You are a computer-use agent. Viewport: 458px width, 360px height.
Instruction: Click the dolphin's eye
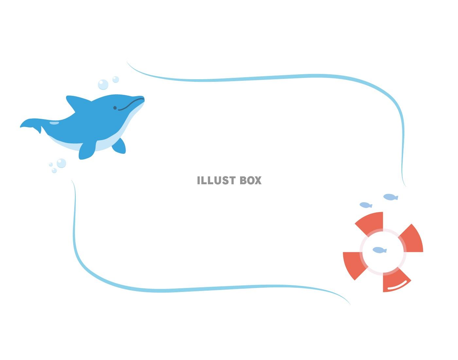(x=115, y=108)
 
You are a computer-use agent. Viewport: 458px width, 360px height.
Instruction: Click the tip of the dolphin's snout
(x=144, y=98)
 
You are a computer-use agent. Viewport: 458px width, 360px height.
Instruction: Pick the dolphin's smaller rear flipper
(x=119, y=146)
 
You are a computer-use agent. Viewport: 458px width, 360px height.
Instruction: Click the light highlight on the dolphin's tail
(x=54, y=123)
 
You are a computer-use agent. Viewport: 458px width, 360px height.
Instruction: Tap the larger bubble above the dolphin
(x=103, y=84)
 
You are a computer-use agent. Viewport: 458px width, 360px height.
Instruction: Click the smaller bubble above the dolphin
(x=115, y=80)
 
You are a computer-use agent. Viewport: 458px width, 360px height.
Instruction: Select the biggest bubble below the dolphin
(x=61, y=163)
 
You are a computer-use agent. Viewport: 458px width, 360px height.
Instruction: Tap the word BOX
(x=251, y=180)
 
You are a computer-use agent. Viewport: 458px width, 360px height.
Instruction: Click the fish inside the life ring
(x=379, y=250)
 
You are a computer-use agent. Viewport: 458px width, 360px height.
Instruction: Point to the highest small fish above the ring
(x=391, y=197)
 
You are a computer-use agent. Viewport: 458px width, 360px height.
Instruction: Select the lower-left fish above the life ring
(x=366, y=205)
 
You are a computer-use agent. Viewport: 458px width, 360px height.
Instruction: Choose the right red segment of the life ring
(x=413, y=239)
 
